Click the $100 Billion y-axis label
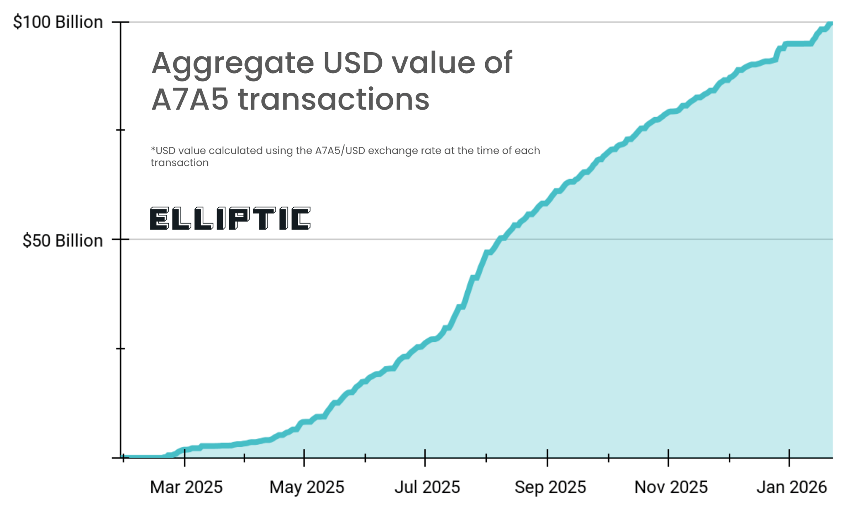point(58,22)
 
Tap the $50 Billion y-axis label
point(62,240)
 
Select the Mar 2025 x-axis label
point(186,487)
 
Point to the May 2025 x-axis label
point(306,487)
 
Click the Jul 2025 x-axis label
point(427,487)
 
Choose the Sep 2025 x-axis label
point(550,487)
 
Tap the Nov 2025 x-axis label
point(670,487)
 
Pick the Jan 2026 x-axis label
point(791,487)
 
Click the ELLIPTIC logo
point(230,218)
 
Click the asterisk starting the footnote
point(153,149)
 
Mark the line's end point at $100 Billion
point(830,23)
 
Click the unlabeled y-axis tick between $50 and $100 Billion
point(121,130)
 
